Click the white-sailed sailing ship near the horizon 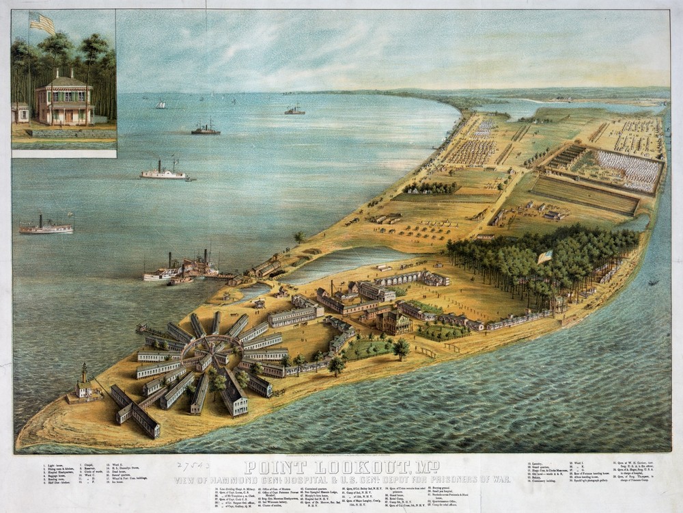(x=161, y=105)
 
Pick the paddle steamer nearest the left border (x=46, y=226)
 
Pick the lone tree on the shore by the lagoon (x=299, y=237)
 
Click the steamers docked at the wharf (x=181, y=269)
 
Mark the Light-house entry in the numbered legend (x=59, y=464)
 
